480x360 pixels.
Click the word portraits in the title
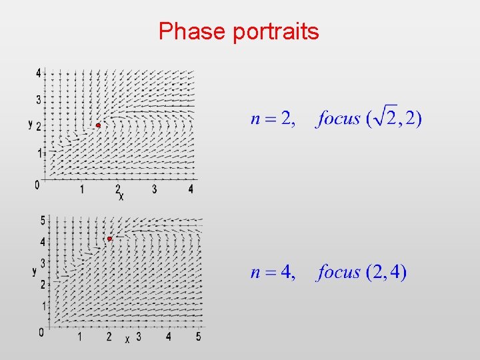click(275, 32)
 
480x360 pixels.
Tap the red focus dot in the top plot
click(98, 125)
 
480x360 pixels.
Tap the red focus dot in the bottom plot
click(109, 239)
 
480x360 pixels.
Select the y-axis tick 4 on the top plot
click(39, 72)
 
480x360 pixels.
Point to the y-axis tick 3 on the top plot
click(39, 99)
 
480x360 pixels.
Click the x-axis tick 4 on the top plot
click(191, 189)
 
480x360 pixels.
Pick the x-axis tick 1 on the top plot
click(82, 189)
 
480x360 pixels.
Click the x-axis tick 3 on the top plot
click(154, 189)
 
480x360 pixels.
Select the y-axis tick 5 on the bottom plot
click(42, 220)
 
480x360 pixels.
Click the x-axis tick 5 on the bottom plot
click(198, 337)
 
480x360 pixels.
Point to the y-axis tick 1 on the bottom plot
click(42, 307)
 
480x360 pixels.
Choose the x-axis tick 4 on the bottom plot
click(168, 337)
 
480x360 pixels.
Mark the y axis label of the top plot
click(31, 124)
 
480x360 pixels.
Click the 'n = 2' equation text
click(271, 119)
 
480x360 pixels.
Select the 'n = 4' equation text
click(273, 272)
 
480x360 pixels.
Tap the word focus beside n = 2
click(339, 119)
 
